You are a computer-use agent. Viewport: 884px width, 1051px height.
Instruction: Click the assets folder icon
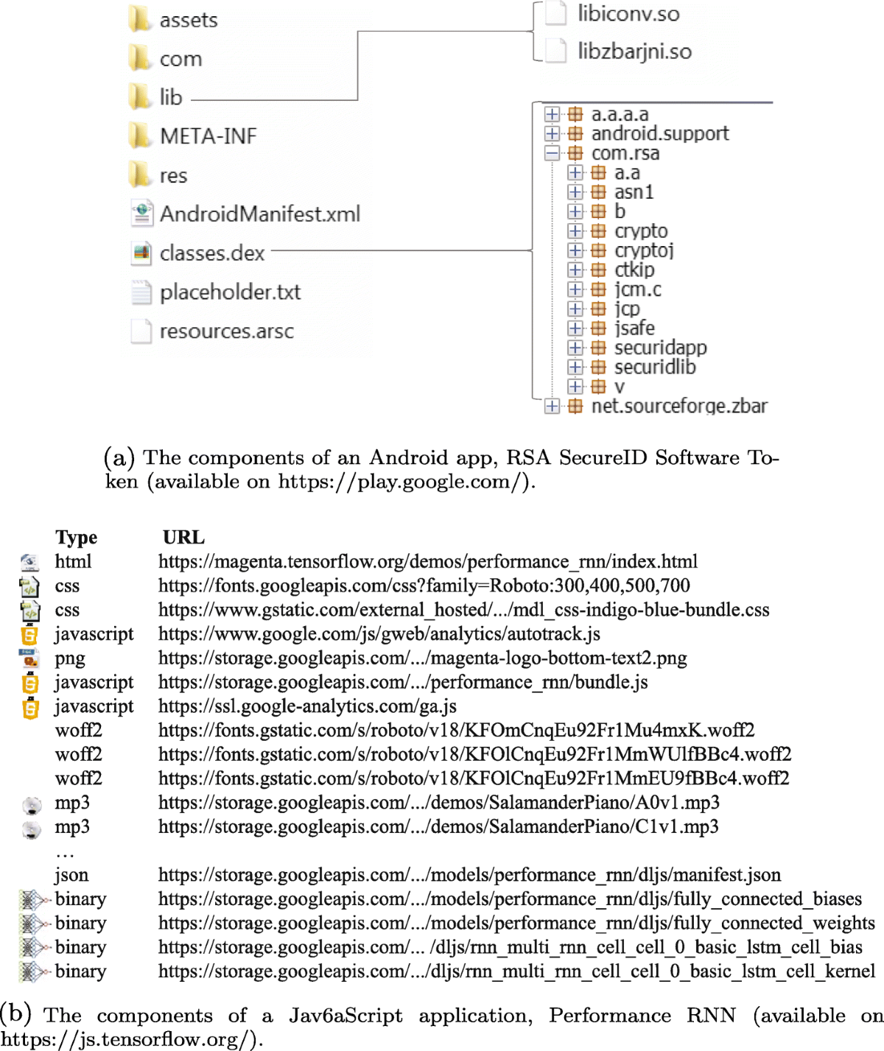click(x=138, y=19)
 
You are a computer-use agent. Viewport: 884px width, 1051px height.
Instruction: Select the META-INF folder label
click(x=208, y=136)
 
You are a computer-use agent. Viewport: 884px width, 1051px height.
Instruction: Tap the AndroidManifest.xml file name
click(x=260, y=214)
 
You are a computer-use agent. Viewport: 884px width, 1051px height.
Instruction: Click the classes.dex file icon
click(x=141, y=253)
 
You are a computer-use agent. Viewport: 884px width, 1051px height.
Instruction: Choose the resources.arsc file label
click(x=226, y=331)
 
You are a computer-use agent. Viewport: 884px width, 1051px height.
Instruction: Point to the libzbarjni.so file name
click(x=634, y=52)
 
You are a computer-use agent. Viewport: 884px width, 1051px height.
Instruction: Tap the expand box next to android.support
click(x=552, y=133)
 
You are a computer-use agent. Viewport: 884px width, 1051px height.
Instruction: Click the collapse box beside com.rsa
click(x=552, y=153)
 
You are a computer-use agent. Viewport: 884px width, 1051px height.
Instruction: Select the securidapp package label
click(x=660, y=348)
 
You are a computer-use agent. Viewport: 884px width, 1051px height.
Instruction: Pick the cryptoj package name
click(x=644, y=250)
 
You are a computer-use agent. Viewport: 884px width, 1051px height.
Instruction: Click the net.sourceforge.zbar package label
click(x=678, y=406)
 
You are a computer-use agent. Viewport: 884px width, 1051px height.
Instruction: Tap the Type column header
click(x=76, y=538)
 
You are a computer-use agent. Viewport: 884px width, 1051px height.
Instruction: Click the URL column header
click(x=183, y=538)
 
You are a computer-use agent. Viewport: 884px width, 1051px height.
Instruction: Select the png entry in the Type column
click(x=70, y=658)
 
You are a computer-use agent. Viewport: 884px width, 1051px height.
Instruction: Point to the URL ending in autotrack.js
click(x=379, y=634)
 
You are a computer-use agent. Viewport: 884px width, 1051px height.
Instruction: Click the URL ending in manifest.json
click(x=469, y=875)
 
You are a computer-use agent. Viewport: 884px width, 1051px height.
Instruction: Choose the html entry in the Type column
click(x=73, y=562)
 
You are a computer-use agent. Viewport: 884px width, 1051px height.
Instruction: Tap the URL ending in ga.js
click(x=307, y=706)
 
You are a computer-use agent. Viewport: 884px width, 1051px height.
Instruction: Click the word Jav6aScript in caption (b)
click(x=345, y=1016)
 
